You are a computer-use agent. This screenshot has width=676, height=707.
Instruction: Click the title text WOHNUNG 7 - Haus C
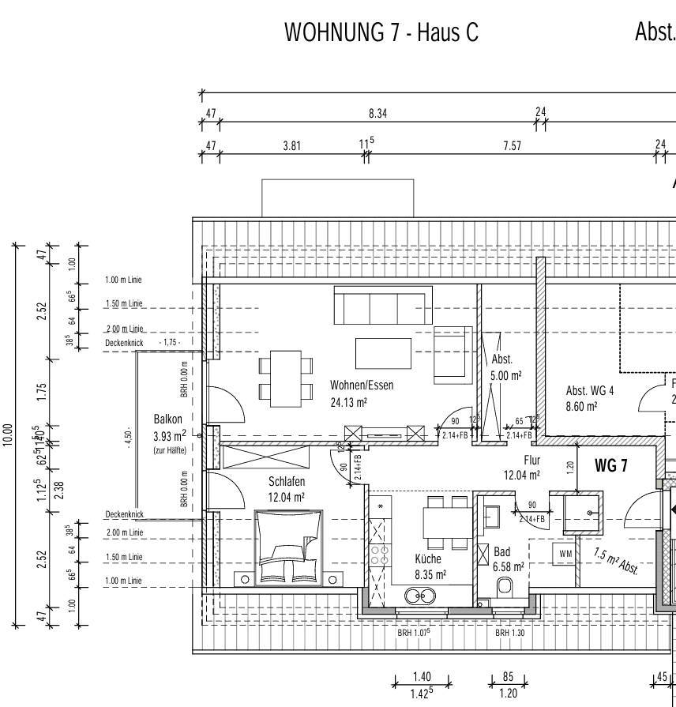click(381, 32)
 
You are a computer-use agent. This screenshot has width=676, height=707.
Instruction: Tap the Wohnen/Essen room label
click(362, 385)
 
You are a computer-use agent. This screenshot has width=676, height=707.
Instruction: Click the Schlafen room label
click(287, 481)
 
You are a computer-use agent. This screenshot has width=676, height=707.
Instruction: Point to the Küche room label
click(428, 558)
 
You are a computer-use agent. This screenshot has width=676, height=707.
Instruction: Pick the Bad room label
click(502, 551)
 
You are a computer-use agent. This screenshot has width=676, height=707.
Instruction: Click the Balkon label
click(167, 419)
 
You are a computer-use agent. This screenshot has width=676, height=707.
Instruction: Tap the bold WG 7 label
click(610, 465)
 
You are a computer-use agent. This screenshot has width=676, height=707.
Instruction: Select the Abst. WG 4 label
click(590, 390)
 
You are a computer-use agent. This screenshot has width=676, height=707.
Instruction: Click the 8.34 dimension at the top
click(377, 114)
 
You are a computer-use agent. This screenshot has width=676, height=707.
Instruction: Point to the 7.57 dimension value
click(512, 145)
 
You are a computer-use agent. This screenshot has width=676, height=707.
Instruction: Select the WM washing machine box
click(565, 555)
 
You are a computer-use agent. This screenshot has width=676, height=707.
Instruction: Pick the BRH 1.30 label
click(509, 633)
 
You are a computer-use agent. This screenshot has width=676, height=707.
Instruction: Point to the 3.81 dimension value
click(291, 145)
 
